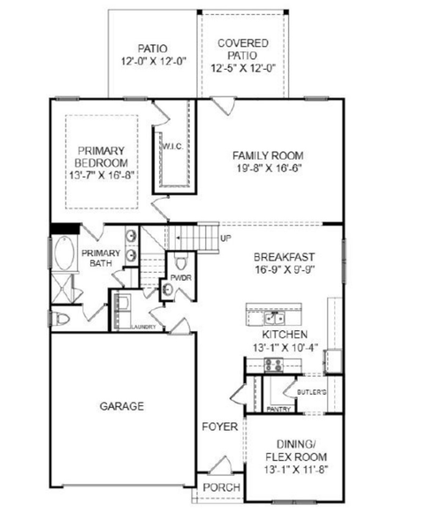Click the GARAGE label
122,406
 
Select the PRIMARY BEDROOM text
102,157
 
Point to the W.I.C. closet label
171,146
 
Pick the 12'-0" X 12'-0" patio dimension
152,64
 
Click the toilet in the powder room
181,261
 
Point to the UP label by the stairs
226,238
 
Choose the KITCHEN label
284,336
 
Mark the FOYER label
218,426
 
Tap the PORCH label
218,488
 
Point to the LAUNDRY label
144,327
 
